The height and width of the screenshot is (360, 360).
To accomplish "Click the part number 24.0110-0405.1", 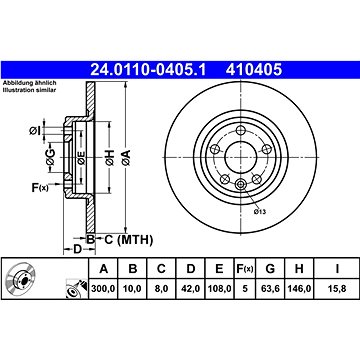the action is [x=149, y=70].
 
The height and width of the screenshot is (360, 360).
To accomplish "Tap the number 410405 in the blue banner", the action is [x=254, y=70].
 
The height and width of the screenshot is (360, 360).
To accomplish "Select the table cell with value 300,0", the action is [x=103, y=289].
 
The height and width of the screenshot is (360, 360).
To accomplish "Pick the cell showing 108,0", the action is [x=219, y=289].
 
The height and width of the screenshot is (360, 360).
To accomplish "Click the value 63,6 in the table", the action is [x=270, y=289].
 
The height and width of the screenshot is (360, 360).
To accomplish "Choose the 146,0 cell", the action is [x=299, y=289].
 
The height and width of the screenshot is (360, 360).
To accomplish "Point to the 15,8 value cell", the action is [x=337, y=289].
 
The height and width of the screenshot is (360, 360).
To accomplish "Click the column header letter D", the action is [x=191, y=268].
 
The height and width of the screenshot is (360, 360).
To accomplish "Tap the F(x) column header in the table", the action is [x=245, y=268].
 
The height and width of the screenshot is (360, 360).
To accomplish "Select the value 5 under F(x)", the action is [x=245, y=289].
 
